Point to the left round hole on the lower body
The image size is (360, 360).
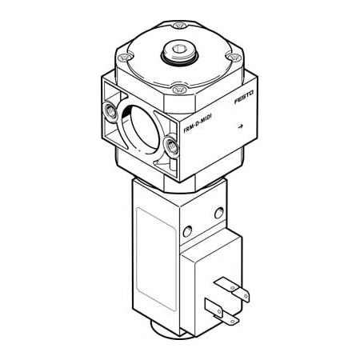(x=186, y=231)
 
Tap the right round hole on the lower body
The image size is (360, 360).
(x=218, y=213)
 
